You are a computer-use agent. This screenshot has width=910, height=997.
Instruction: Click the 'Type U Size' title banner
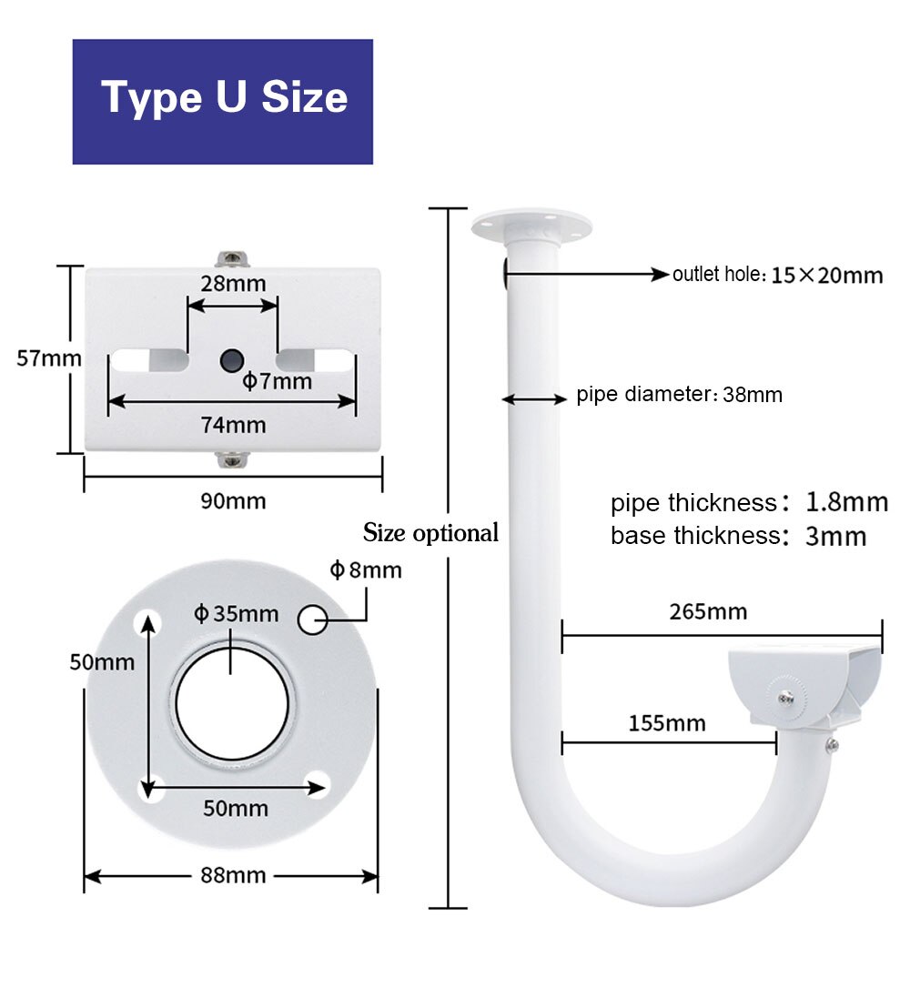[223, 100]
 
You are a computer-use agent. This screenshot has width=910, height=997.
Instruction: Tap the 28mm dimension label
[233, 283]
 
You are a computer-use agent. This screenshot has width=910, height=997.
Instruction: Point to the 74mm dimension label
[233, 425]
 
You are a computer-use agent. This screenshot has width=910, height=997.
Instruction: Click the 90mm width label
[233, 501]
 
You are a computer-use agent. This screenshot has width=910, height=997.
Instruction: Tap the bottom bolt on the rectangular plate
[233, 459]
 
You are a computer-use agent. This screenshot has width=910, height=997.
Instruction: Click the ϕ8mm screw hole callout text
[365, 570]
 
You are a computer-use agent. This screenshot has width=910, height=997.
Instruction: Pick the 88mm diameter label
[233, 875]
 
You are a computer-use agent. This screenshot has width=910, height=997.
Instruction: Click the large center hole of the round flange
[233, 705]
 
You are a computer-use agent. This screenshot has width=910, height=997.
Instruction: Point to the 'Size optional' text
[430, 533]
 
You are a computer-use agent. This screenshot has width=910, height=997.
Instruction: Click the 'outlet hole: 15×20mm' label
[777, 275]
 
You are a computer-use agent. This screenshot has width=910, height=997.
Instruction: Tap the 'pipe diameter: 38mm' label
[679, 396]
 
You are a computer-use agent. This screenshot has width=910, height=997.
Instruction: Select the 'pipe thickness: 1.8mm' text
[748, 502]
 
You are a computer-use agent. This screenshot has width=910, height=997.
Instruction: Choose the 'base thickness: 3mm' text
[738, 536]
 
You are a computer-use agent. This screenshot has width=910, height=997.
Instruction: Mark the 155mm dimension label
[666, 723]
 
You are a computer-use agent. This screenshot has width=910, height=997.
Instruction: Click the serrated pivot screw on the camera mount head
[784, 697]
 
